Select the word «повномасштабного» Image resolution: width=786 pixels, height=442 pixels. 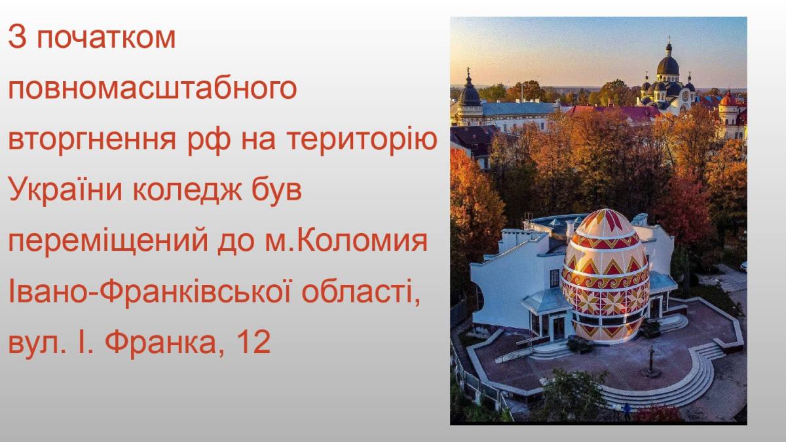[152, 89]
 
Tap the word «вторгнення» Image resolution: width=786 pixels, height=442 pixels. [92, 139]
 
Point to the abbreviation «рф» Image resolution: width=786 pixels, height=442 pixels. [209, 139]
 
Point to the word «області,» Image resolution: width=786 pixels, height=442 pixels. [361, 293]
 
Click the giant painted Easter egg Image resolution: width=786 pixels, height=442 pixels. [605, 276]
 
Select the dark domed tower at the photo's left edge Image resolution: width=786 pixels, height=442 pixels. [470, 95]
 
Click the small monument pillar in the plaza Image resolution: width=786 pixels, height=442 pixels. [651, 361]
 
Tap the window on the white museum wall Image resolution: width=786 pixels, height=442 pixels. [554, 278]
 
